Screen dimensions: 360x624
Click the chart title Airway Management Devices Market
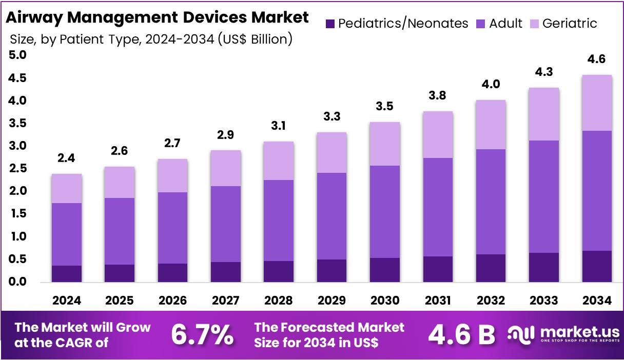point(157,17)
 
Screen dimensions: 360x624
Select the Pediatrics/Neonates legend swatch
point(330,24)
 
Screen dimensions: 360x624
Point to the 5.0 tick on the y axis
point(18,55)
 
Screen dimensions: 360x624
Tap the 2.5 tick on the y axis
point(18,168)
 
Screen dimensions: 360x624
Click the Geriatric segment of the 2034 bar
point(596,103)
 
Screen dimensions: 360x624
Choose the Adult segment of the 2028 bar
point(279,221)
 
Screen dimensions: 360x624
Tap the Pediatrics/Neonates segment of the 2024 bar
point(67,274)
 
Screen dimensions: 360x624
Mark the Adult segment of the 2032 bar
point(491,202)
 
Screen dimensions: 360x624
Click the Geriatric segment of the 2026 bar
point(173,175)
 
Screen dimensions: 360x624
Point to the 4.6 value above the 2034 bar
point(596,59)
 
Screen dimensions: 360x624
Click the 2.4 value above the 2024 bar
point(67,158)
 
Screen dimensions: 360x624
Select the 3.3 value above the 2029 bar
point(331,116)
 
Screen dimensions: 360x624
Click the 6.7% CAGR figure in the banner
point(202,335)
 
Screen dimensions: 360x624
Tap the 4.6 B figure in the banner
point(461,335)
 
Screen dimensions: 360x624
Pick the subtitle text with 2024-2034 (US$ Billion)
point(151,39)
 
